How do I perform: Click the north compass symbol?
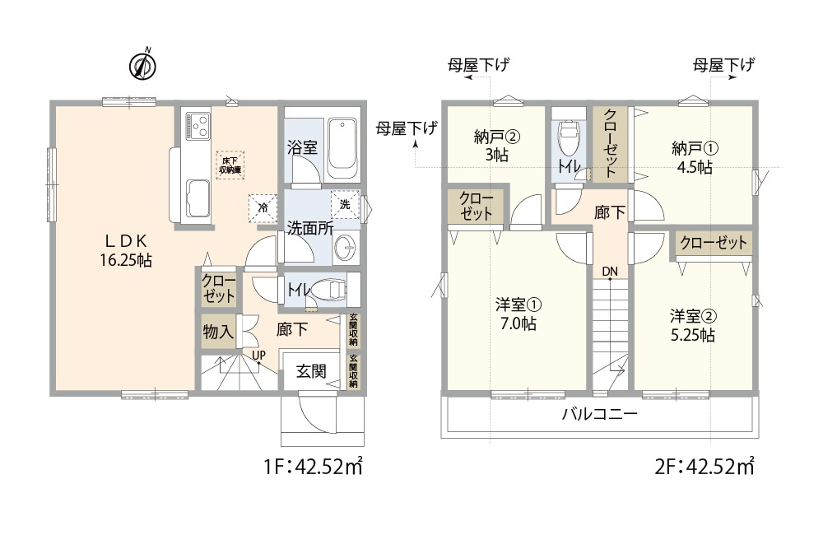coord(144,66)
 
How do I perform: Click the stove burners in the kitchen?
coord(198,126)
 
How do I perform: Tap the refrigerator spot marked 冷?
coord(262,207)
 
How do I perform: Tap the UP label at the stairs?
coord(258,356)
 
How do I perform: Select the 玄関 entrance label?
coord(311,371)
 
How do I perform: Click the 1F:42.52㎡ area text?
coord(314,468)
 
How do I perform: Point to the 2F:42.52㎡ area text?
coord(704,468)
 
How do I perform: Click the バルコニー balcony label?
coord(599,415)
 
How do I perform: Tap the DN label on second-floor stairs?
coord(609,272)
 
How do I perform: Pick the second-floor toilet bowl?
coord(569,138)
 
